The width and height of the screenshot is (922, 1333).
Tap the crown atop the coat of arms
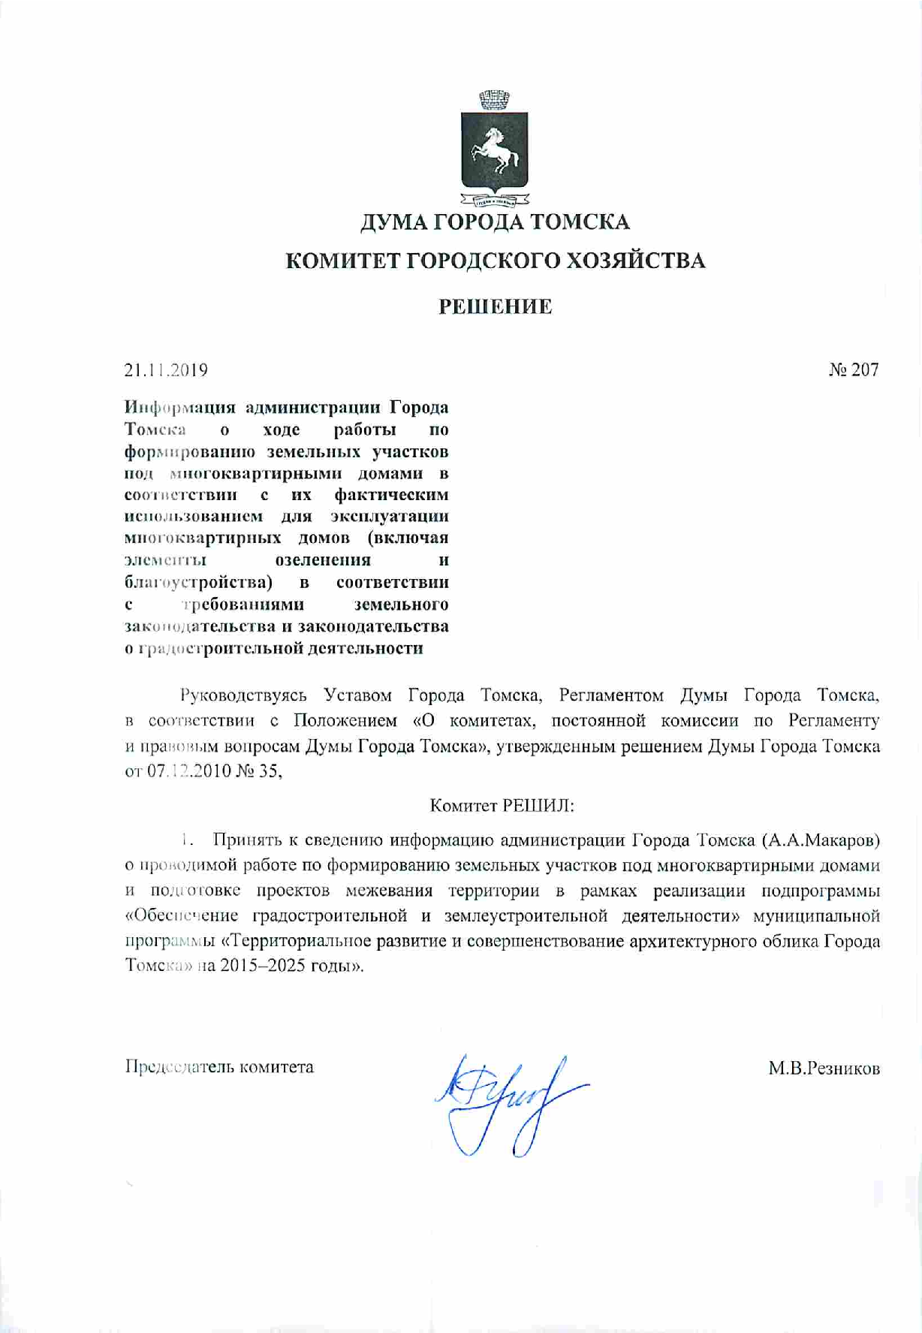click(x=494, y=99)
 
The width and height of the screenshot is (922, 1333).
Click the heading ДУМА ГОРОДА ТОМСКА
click(x=496, y=222)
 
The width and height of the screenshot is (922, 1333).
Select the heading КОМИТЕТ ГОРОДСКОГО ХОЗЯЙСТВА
click(x=496, y=261)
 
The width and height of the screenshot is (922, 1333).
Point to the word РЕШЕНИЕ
click(x=496, y=306)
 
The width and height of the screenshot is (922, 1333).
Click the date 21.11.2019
click(x=166, y=370)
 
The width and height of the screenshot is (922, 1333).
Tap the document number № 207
click(x=853, y=369)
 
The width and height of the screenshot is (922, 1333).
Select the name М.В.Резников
click(x=824, y=1068)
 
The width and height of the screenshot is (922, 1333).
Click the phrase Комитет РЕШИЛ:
click(x=502, y=806)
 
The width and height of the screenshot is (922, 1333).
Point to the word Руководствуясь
click(x=243, y=695)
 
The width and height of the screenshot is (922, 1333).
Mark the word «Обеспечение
click(x=184, y=916)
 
